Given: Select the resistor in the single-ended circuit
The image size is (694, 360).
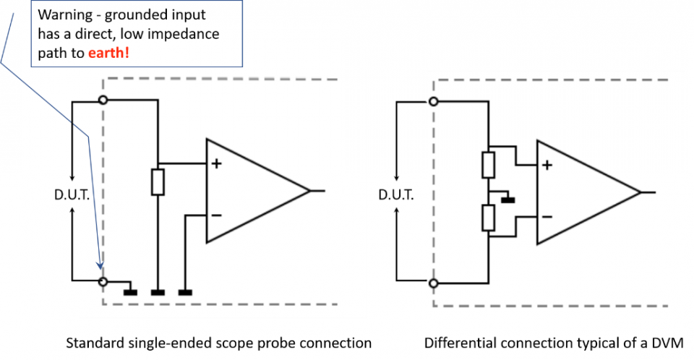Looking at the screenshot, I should [x=158, y=181].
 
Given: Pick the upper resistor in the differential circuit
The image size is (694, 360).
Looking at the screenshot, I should [x=489, y=166].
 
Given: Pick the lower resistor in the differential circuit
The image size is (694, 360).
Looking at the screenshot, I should [x=489, y=218].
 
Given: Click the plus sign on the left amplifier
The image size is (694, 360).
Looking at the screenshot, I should [x=215, y=164].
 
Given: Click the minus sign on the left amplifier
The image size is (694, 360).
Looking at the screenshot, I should [x=215, y=215].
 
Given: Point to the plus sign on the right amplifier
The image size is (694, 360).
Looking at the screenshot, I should [x=547, y=165].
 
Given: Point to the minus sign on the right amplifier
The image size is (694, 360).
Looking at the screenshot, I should [x=547, y=216].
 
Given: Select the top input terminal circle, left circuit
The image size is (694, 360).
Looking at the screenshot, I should [x=103, y=100].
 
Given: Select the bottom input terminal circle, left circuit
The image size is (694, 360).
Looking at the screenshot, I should [x=103, y=280].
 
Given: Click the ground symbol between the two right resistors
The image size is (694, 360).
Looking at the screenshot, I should [x=507, y=199].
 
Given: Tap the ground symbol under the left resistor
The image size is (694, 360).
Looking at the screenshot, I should [x=158, y=293].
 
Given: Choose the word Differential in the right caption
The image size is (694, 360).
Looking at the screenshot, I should [x=458, y=343].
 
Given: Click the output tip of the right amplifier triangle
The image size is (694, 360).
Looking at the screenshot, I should [x=640, y=192].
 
